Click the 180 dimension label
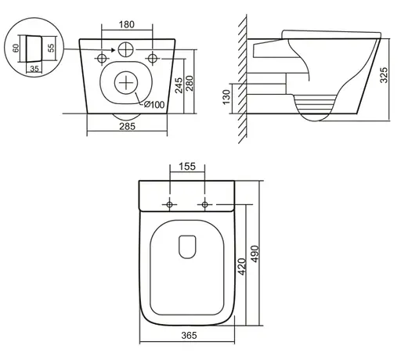(x=127, y=24)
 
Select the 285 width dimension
(x=128, y=127)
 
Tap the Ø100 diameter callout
(x=154, y=105)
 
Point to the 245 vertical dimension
(x=179, y=85)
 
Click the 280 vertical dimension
(x=190, y=83)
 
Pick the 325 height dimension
(x=384, y=75)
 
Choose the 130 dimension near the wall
(x=226, y=97)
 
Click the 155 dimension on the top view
(x=187, y=167)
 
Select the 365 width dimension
(x=189, y=335)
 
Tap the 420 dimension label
(x=242, y=267)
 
